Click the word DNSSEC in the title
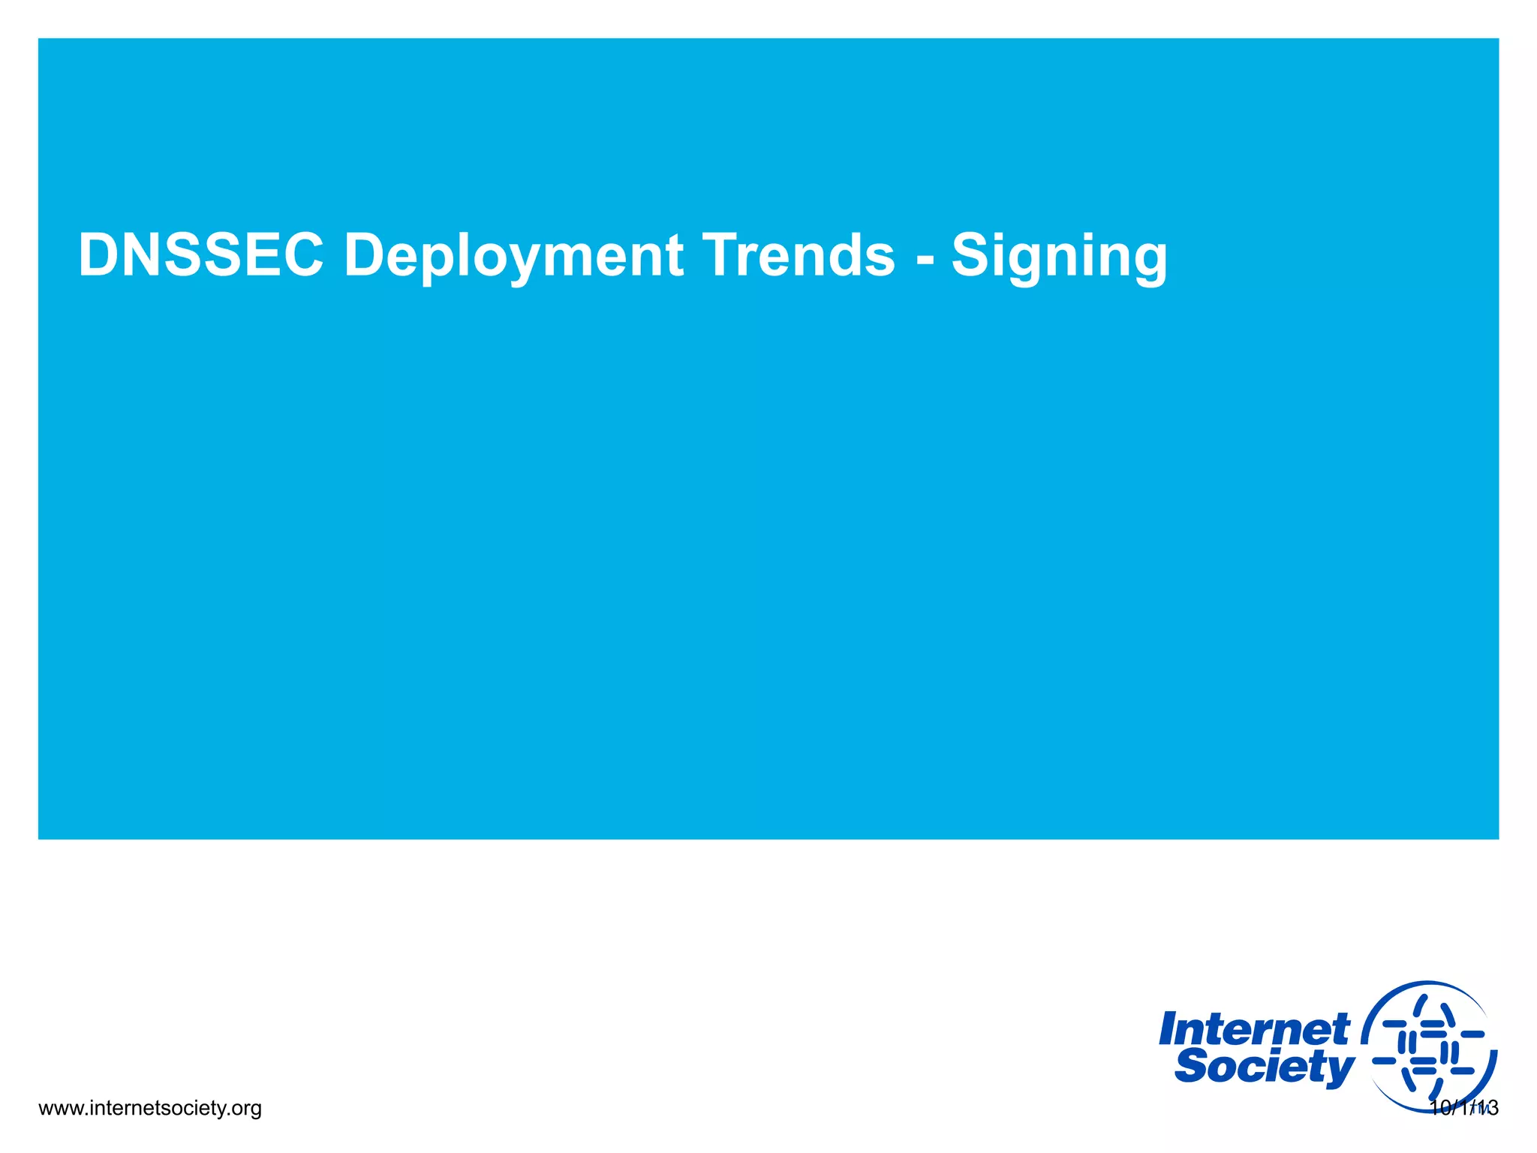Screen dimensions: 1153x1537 click(200, 255)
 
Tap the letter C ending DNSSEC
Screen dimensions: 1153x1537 click(302, 255)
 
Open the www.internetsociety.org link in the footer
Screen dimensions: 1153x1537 click(149, 1108)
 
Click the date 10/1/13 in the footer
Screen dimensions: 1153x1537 click(1463, 1108)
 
